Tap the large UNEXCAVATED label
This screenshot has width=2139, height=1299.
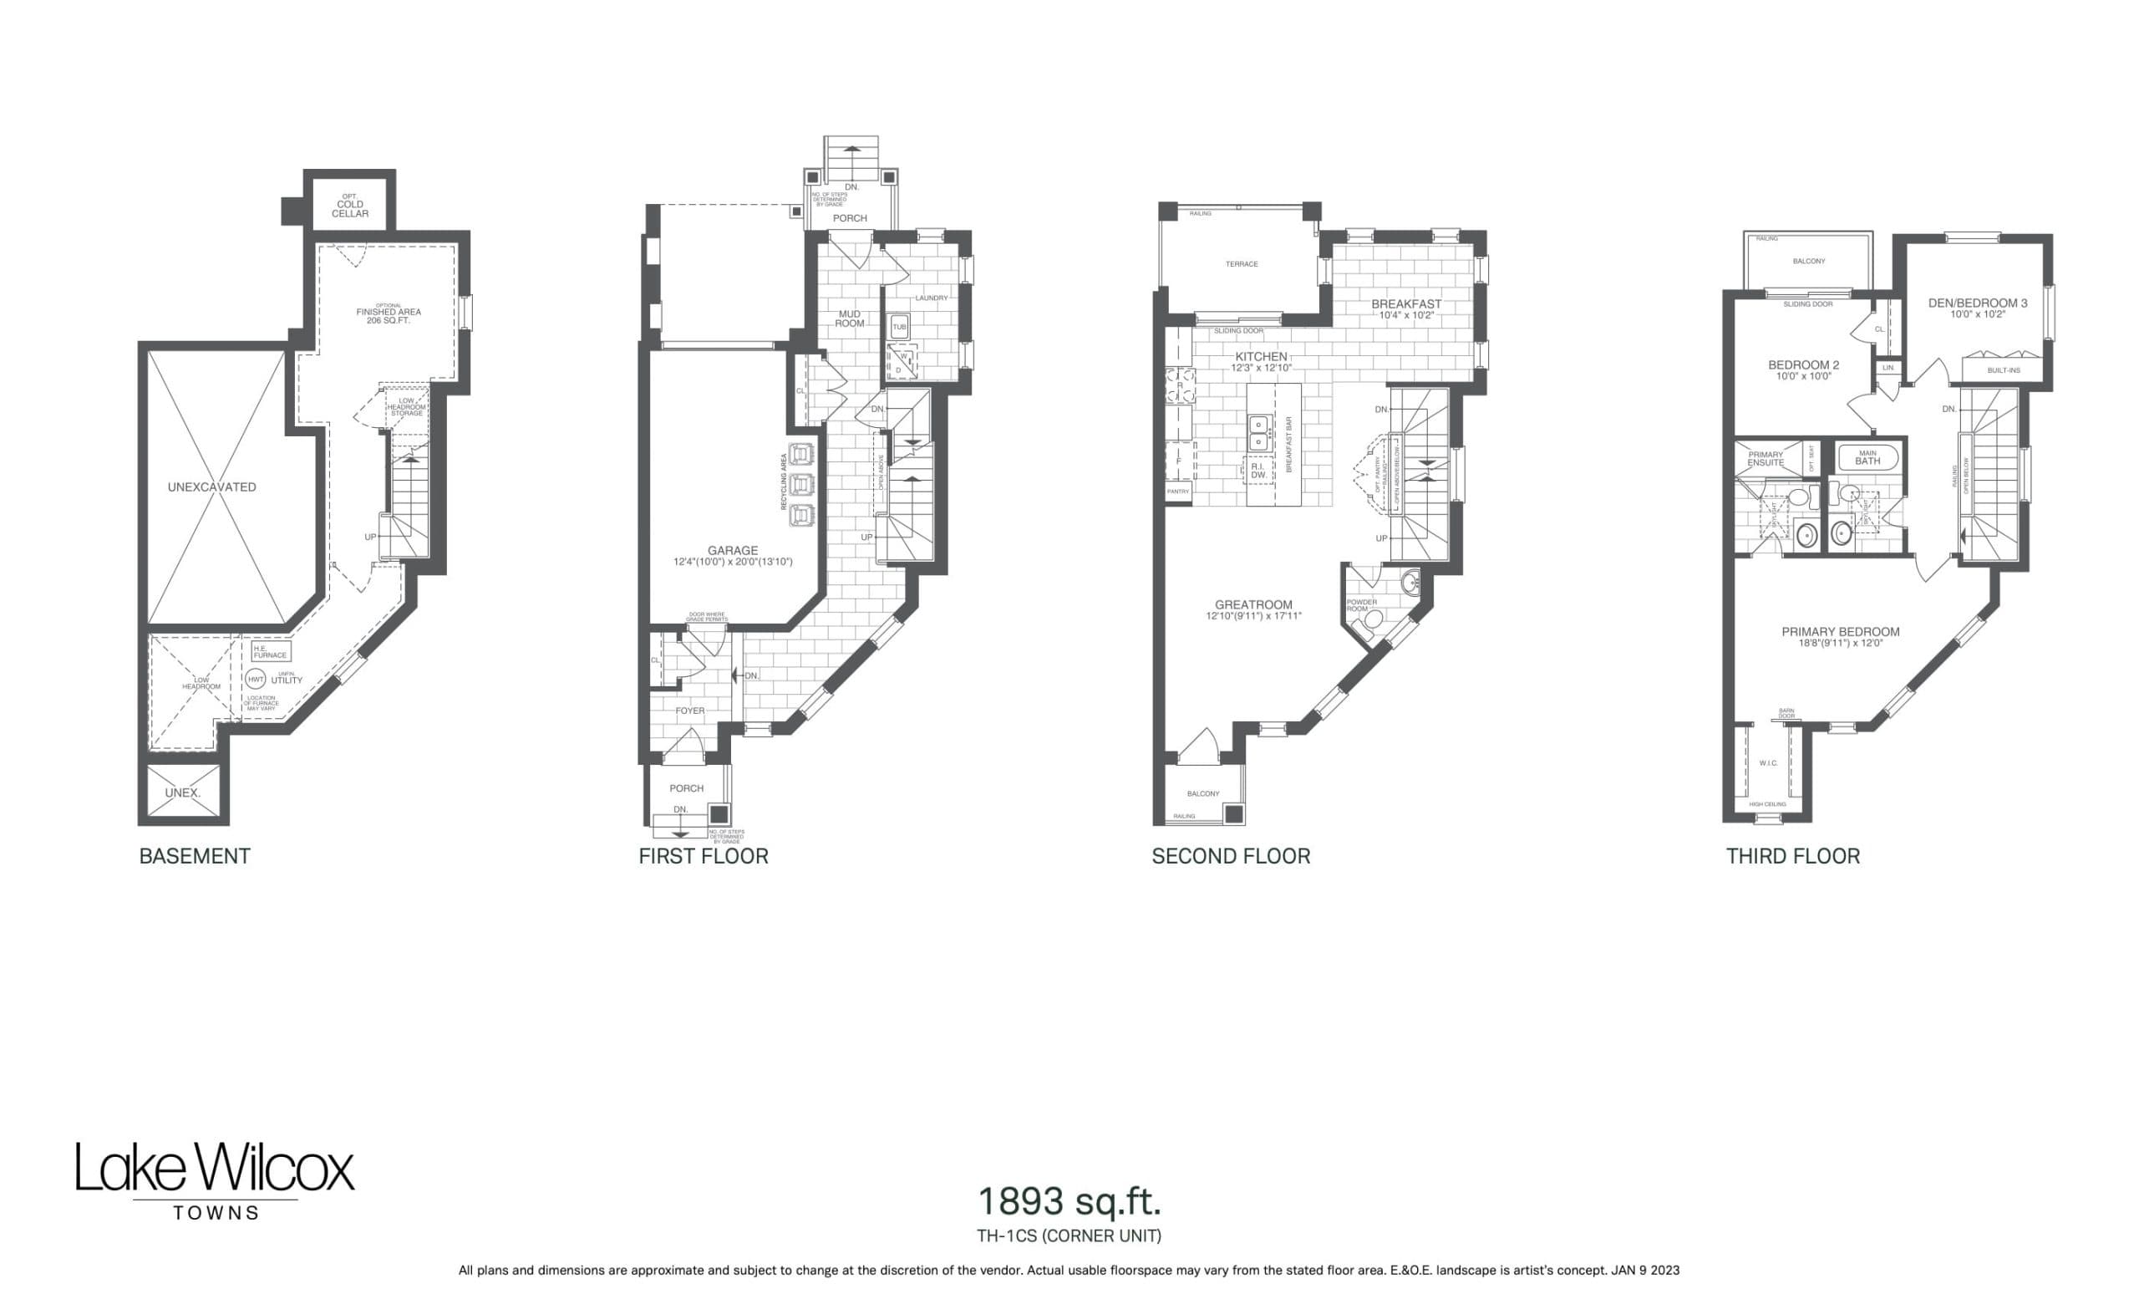click(212, 487)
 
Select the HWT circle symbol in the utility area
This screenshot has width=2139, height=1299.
click(255, 680)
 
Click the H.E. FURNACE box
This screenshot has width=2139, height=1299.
click(270, 651)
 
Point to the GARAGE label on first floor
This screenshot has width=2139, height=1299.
click(733, 551)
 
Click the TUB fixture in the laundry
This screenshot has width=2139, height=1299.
click(899, 328)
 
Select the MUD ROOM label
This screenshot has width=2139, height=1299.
click(850, 318)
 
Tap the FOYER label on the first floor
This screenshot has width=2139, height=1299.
click(690, 711)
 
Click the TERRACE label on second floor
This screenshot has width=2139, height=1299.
click(1242, 264)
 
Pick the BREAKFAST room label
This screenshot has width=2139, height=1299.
click(1406, 304)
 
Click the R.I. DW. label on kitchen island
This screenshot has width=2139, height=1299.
click(1257, 471)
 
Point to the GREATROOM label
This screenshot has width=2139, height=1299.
click(1252, 605)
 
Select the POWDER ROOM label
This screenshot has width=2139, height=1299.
click(1361, 605)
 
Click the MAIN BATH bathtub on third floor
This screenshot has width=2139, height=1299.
click(1867, 457)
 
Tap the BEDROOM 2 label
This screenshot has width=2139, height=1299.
click(1804, 364)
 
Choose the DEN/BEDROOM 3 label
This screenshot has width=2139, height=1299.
click(1978, 303)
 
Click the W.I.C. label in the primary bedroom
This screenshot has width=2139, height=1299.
click(1768, 763)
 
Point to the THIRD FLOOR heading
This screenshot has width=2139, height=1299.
click(1792, 856)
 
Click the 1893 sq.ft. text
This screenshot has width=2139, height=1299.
click(1069, 1202)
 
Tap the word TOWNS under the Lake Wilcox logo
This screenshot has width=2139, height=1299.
click(216, 1213)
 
